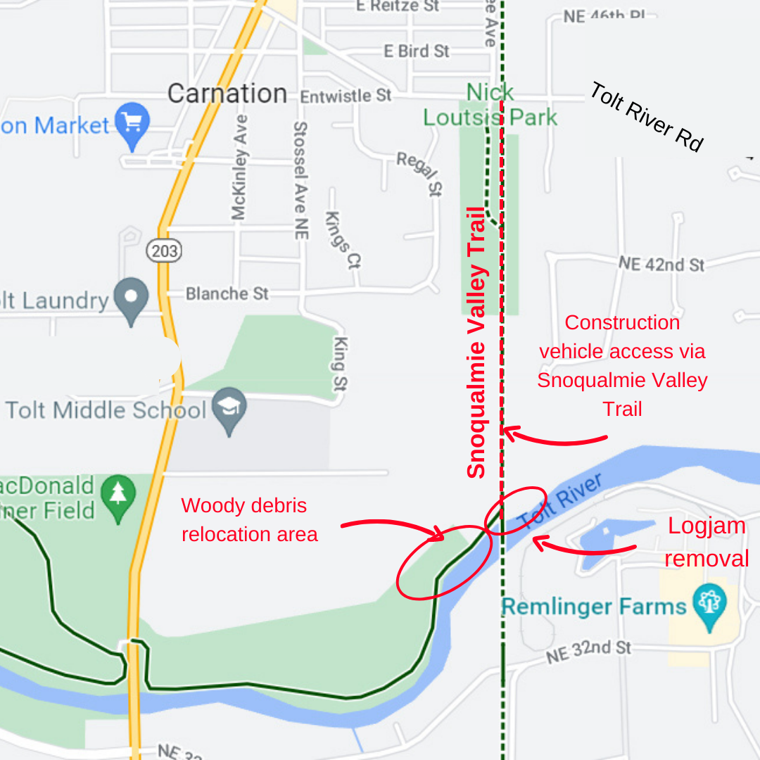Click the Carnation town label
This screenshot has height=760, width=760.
227,94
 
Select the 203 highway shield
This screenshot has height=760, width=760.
164,250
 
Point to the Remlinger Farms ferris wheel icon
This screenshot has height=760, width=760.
709,603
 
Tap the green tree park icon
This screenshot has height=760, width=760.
118,494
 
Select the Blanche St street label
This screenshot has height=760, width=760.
227,293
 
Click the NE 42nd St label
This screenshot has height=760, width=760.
661,265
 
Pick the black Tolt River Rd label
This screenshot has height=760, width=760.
646,117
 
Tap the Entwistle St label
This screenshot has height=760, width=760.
346,96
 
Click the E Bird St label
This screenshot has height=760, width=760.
417,51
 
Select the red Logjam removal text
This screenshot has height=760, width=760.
706,542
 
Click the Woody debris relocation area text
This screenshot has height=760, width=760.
250,520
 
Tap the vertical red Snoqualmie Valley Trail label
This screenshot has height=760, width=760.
477,343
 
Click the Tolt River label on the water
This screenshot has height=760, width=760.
560,501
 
